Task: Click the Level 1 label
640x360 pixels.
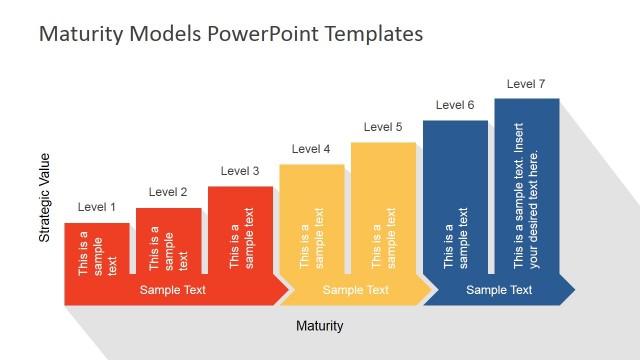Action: (x=97, y=208)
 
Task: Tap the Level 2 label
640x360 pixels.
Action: (x=168, y=192)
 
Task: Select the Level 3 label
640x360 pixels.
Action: (x=240, y=171)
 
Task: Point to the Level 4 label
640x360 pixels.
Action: (x=311, y=149)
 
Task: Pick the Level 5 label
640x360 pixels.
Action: (x=383, y=127)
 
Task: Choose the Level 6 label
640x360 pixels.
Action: (x=455, y=105)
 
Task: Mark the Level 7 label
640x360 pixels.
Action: (x=526, y=84)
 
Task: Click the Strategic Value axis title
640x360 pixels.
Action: (x=44, y=198)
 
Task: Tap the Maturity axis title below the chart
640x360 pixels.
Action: (x=320, y=326)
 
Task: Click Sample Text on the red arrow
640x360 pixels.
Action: (x=173, y=290)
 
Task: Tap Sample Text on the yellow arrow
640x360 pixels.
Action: (x=356, y=290)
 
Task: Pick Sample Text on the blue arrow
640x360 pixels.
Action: (x=499, y=290)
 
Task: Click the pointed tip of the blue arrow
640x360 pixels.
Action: (x=573, y=290)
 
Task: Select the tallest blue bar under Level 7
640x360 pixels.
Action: (x=526, y=185)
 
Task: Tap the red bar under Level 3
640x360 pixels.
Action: (x=240, y=230)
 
